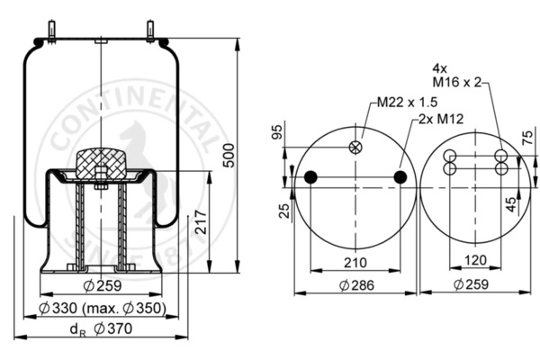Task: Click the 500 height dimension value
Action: [229, 156]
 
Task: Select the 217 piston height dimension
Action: [201, 222]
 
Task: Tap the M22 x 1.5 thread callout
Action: [407, 103]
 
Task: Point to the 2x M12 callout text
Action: [441, 119]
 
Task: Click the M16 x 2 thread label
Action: [456, 82]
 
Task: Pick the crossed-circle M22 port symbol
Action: [355, 148]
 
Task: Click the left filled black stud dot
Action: [310, 177]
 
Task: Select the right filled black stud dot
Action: [400, 177]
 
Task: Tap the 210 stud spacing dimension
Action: [355, 263]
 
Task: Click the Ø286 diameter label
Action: [356, 285]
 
